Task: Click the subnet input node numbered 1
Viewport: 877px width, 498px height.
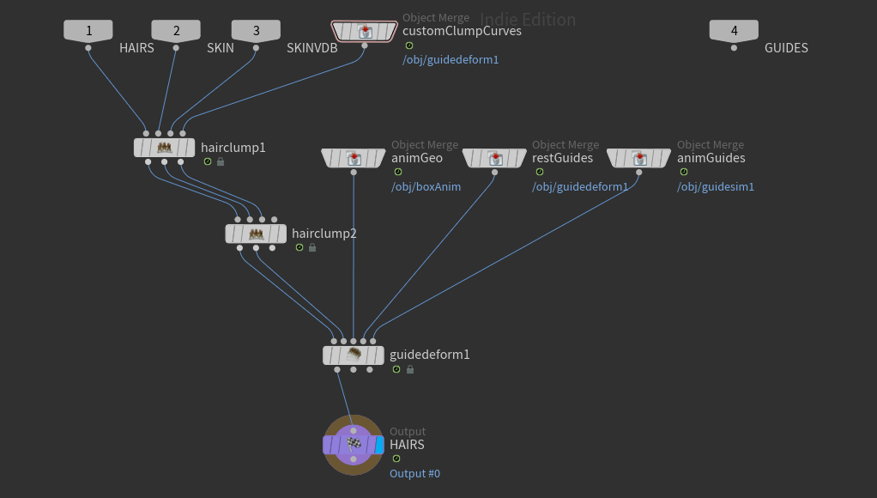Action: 88,31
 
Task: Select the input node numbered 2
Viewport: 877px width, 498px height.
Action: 176,31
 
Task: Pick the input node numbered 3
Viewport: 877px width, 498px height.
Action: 257,31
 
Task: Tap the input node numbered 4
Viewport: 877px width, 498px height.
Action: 734,31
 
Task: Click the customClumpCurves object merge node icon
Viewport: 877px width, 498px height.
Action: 364,31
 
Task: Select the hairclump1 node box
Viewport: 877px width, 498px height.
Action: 165,148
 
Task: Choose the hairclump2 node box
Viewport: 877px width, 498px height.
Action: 256,234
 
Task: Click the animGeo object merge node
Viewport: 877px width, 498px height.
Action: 354,158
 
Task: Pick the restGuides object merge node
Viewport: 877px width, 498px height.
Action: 494,158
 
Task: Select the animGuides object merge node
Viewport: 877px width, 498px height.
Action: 638,158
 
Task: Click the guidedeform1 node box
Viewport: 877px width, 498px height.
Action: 354,355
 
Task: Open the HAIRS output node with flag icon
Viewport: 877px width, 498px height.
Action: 354,446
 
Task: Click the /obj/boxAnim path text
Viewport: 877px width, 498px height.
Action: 426,187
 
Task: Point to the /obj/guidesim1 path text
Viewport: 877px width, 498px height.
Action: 716,187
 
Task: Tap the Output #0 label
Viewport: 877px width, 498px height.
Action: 415,473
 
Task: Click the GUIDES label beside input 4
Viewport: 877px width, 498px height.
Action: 786,48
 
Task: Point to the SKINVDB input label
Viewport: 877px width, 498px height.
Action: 312,48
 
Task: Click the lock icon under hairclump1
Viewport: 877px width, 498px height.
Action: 221,161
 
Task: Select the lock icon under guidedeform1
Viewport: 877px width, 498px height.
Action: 410,369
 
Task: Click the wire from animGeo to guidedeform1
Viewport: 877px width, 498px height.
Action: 354,255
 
